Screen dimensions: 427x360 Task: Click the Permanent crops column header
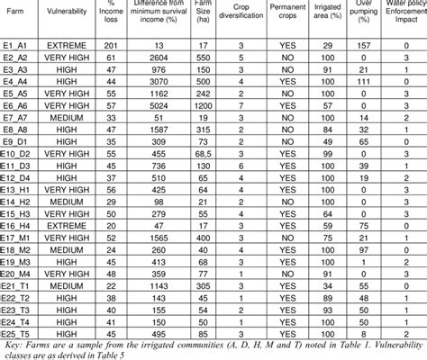point(303,15)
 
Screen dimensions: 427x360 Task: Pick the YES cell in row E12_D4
point(303,179)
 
